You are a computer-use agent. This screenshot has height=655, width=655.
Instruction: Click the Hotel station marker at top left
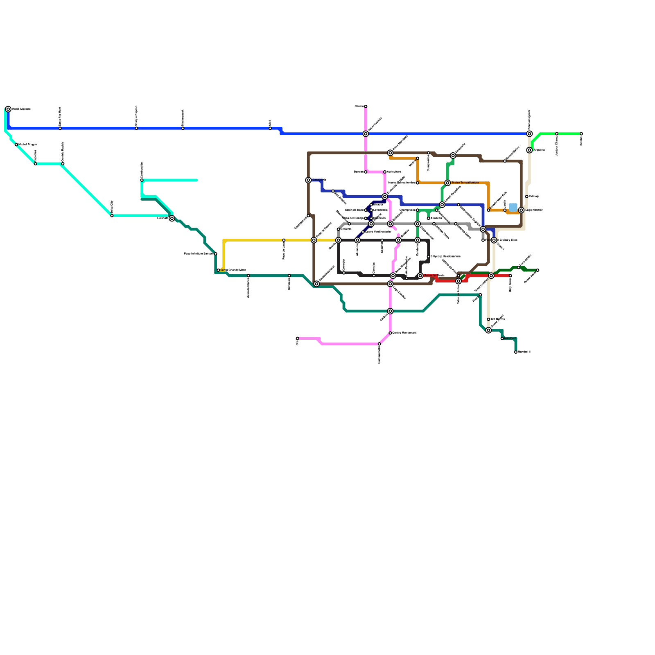[8, 109]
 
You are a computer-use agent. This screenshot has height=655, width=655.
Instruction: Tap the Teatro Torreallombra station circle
[447, 183]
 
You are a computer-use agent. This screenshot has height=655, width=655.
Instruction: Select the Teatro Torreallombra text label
[465, 183]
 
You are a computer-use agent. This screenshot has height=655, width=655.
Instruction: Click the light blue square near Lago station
[513, 207]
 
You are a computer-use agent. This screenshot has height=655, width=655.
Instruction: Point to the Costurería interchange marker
[308, 180]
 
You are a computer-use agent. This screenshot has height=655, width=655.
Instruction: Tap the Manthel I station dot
[502, 339]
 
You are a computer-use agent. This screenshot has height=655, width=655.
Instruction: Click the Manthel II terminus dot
[516, 352]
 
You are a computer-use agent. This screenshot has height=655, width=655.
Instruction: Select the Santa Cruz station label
[233, 270]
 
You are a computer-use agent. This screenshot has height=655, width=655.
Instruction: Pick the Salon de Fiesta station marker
[420, 276]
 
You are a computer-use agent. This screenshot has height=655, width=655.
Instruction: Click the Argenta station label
[539, 150]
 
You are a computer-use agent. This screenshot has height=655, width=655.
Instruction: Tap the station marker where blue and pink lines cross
[366, 134]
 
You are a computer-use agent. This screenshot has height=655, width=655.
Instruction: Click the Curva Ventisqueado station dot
[363, 232]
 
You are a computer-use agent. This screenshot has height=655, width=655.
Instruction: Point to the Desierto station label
[346, 229]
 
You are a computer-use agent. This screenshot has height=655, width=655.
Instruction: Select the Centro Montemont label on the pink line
[404, 333]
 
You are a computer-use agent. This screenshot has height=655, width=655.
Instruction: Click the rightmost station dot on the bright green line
[581, 134]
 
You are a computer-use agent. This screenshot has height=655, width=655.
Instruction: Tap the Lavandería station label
[380, 210]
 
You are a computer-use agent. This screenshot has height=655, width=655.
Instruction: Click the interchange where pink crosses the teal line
[390, 311]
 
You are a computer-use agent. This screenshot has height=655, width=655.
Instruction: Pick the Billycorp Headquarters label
[445, 257]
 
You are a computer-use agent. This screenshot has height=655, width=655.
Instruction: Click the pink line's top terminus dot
[366, 106]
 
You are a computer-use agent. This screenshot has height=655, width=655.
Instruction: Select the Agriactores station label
[394, 172]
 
